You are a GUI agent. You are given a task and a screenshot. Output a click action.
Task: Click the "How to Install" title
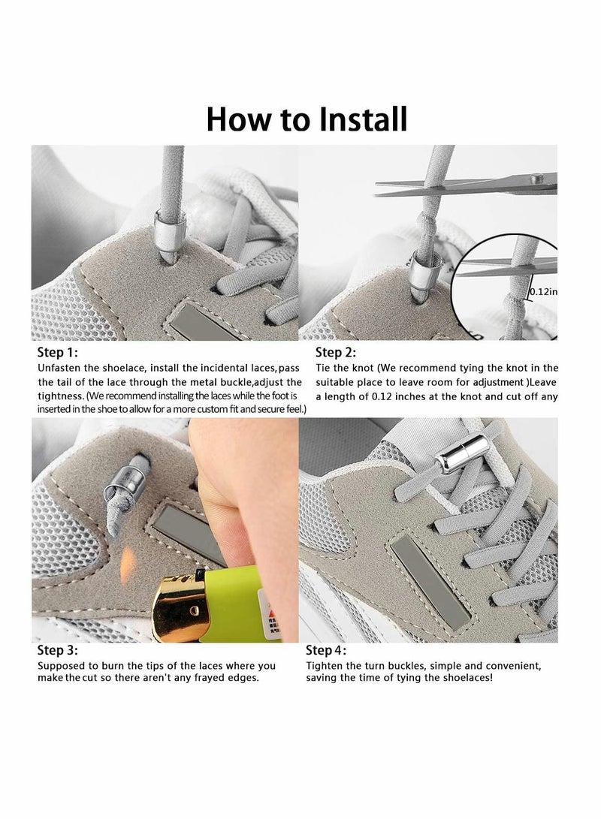[x=307, y=119]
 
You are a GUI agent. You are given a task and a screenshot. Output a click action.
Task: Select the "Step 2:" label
[x=335, y=352]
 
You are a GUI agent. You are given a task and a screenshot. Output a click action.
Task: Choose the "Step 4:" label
[x=326, y=651]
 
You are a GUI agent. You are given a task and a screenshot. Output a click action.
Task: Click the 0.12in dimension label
[x=542, y=292]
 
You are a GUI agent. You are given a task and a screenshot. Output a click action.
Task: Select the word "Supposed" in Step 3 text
[x=61, y=666]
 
